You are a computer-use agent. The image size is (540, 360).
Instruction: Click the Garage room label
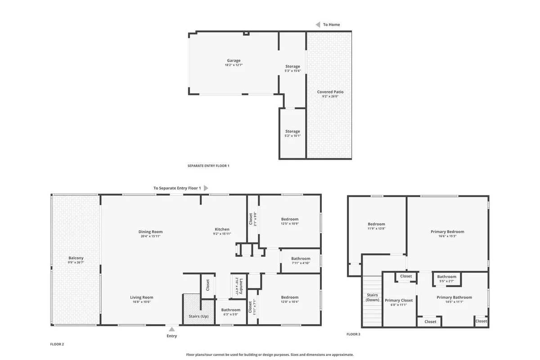tap(234, 60)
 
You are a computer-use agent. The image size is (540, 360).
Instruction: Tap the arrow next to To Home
tap(318, 25)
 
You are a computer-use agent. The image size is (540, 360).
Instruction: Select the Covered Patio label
tap(330, 92)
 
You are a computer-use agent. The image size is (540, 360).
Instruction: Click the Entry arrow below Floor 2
tap(171, 329)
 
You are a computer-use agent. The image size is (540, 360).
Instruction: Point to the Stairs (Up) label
tap(198, 316)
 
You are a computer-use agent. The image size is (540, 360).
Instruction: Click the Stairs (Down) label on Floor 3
tap(373, 297)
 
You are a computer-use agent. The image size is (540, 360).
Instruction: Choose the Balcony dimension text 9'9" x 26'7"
tap(76, 262)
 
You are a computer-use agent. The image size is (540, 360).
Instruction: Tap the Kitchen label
tap(222, 229)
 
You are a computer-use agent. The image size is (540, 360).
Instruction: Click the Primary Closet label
tap(399, 300)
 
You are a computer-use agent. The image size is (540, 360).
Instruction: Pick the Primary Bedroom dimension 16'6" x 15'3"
tap(447, 236)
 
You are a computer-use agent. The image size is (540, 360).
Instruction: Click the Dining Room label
tap(150, 232)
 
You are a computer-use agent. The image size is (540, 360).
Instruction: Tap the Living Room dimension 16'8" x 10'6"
tap(141, 301)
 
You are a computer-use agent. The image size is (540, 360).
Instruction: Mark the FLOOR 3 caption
tap(353, 334)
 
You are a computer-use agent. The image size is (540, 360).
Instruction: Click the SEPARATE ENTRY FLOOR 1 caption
tap(208, 166)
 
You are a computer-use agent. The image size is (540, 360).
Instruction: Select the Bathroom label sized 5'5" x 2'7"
tap(447, 277)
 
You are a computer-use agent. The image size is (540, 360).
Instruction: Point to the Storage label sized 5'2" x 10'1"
tap(292, 131)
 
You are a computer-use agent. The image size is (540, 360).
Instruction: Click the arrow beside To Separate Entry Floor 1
tap(206, 188)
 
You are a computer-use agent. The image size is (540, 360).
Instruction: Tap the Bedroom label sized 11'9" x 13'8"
tap(376, 224)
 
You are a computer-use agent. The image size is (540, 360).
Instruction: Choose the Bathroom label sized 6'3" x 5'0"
tap(231, 310)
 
